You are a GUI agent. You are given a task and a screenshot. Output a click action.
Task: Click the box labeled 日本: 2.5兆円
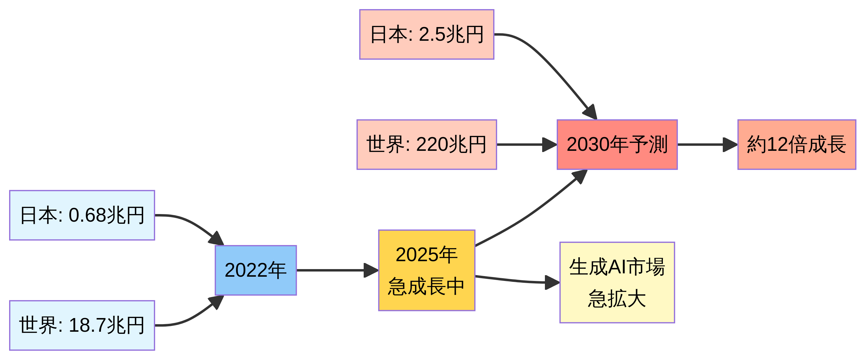click(426, 34)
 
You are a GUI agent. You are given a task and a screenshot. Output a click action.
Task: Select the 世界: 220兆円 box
click(426, 144)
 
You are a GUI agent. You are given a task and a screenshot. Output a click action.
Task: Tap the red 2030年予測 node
click(617, 144)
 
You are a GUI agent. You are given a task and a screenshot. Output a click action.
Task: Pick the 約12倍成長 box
click(796, 144)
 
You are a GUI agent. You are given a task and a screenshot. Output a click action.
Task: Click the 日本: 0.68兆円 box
click(82, 215)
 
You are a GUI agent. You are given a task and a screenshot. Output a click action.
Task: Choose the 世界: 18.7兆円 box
click(82, 325)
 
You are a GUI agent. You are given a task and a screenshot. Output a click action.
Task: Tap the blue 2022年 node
click(255, 270)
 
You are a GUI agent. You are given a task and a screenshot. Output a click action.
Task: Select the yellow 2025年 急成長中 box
click(426, 270)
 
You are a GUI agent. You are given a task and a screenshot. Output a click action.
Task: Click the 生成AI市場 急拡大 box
click(617, 282)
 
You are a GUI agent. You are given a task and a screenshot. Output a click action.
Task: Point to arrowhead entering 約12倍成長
click(730, 144)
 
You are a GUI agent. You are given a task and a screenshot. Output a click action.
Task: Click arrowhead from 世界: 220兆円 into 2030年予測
click(550, 144)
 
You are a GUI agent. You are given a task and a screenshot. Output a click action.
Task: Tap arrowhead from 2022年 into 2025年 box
click(371, 270)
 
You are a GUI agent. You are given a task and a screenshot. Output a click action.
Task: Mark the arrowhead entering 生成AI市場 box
click(552, 282)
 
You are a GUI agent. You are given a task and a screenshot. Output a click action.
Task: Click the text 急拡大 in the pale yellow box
click(617, 299)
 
